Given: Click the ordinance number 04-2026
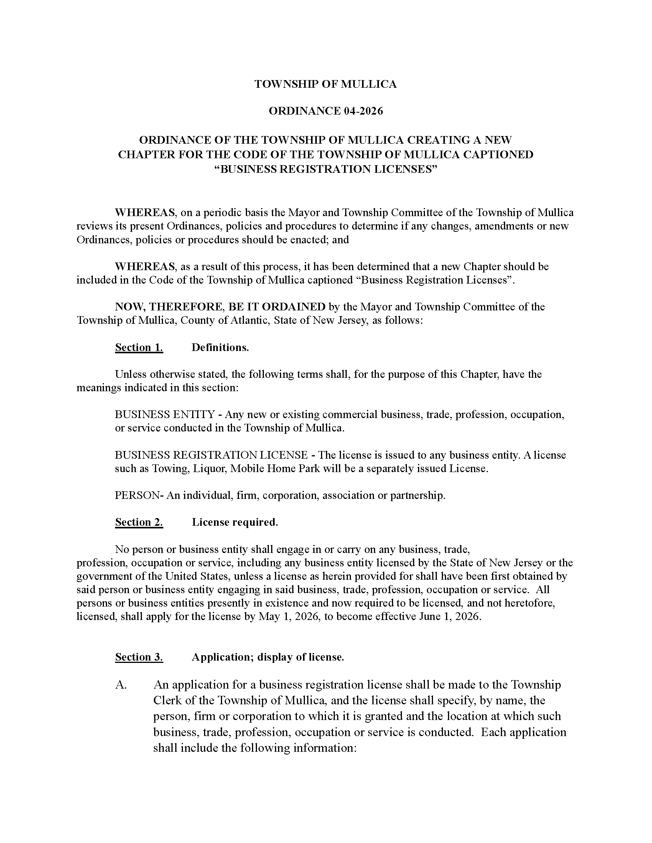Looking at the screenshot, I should [x=362, y=111].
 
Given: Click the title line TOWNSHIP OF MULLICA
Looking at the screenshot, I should [x=326, y=84].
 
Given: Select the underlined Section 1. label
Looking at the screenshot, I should [x=139, y=348].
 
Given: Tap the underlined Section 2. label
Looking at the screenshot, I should [x=139, y=522].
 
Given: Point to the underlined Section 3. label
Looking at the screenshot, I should [x=139, y=657].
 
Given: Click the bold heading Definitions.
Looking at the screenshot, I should [x=220, y=348].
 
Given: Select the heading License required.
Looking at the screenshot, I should [x=235, y=522].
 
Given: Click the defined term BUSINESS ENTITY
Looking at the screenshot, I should [x=165, y=415].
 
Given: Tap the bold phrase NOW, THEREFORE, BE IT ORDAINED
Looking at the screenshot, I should [x=220, y=307].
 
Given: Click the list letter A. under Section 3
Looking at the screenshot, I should [x=121, y=685].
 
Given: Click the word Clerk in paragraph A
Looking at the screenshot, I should [x=167, y=700].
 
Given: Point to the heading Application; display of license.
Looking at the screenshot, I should [x=268, y=657].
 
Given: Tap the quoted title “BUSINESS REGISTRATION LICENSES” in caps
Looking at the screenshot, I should [x=326, y=169].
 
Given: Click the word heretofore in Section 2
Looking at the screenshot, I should [x=531, y=603].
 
